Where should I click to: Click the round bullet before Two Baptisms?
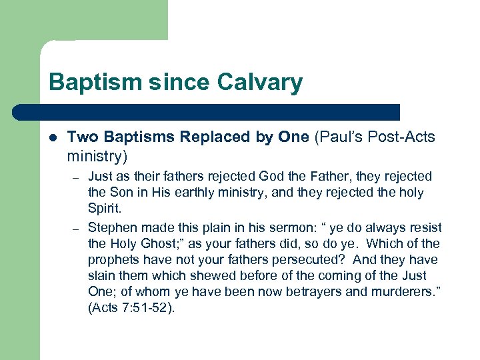53,137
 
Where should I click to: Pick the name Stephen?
111,227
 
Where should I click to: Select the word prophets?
111,259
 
